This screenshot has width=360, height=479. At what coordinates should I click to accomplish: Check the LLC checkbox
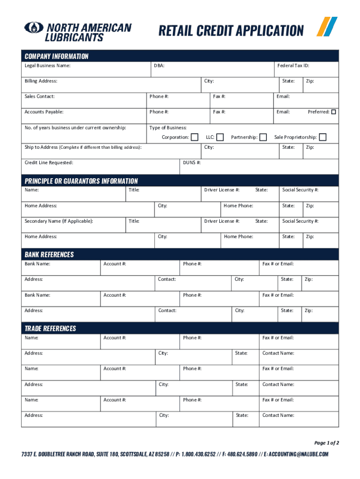(x=220, y=137)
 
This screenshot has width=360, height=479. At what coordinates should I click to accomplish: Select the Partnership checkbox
(x=263, y=137)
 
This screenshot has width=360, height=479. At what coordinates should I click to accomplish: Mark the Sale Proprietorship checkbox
(x=323, y=137)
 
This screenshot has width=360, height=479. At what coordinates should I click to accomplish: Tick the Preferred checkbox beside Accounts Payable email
(x=334, y=112)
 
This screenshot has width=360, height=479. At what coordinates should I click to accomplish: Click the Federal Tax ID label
(x=293, y=65)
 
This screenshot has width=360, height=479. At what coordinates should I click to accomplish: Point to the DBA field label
(x=159, y=65)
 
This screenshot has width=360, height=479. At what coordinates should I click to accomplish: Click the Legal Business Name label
(x=48, y=65)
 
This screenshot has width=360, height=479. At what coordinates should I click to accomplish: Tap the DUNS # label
(x=192, y=162)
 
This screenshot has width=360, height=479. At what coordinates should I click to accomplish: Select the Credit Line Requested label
(x=49, y=162)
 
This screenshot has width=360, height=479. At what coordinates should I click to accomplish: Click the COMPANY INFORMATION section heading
(x=57, y=56)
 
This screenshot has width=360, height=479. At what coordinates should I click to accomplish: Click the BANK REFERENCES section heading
(x=49, y=254)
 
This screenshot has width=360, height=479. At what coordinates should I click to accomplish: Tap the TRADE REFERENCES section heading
(x=50, y=328)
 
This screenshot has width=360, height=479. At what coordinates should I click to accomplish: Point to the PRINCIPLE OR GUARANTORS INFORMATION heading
(x=81, y=181)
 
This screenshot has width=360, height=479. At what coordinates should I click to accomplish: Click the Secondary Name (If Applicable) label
(x=58, y=221)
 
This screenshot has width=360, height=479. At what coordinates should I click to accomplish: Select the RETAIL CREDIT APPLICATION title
(x=231, y=31)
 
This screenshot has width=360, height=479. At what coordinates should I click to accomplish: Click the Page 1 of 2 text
(x=326, y=443)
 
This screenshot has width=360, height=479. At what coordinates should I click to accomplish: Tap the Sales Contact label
(x=40, y=96)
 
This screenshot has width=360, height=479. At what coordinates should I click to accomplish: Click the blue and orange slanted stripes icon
(x=327, y=26)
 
